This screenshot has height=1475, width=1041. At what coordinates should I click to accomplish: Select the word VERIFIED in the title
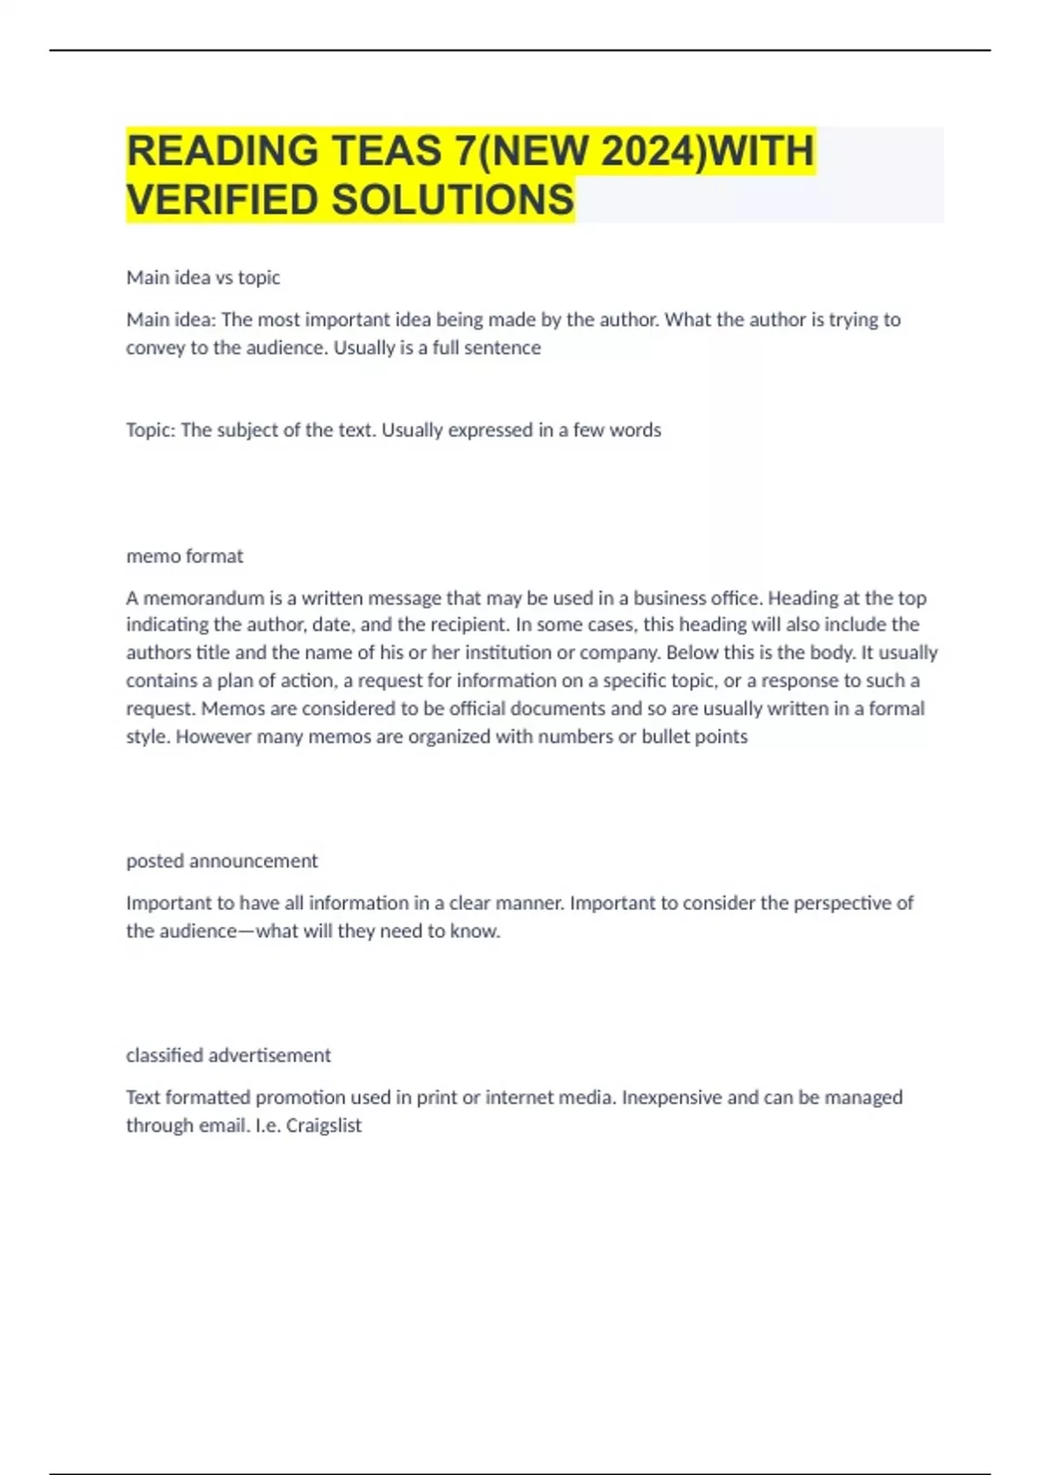[x=223, y=200]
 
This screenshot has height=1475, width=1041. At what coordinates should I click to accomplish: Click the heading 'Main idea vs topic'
[x=203, y=278]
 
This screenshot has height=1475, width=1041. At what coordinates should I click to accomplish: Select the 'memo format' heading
[x=185, y=556]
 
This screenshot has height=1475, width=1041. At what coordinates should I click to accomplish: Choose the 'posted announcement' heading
[x=222, y=861]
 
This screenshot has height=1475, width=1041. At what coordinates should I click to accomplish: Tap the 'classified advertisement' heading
[x=228, y=1055]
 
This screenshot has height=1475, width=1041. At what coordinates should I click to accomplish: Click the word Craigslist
[x=324, y=1125]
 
